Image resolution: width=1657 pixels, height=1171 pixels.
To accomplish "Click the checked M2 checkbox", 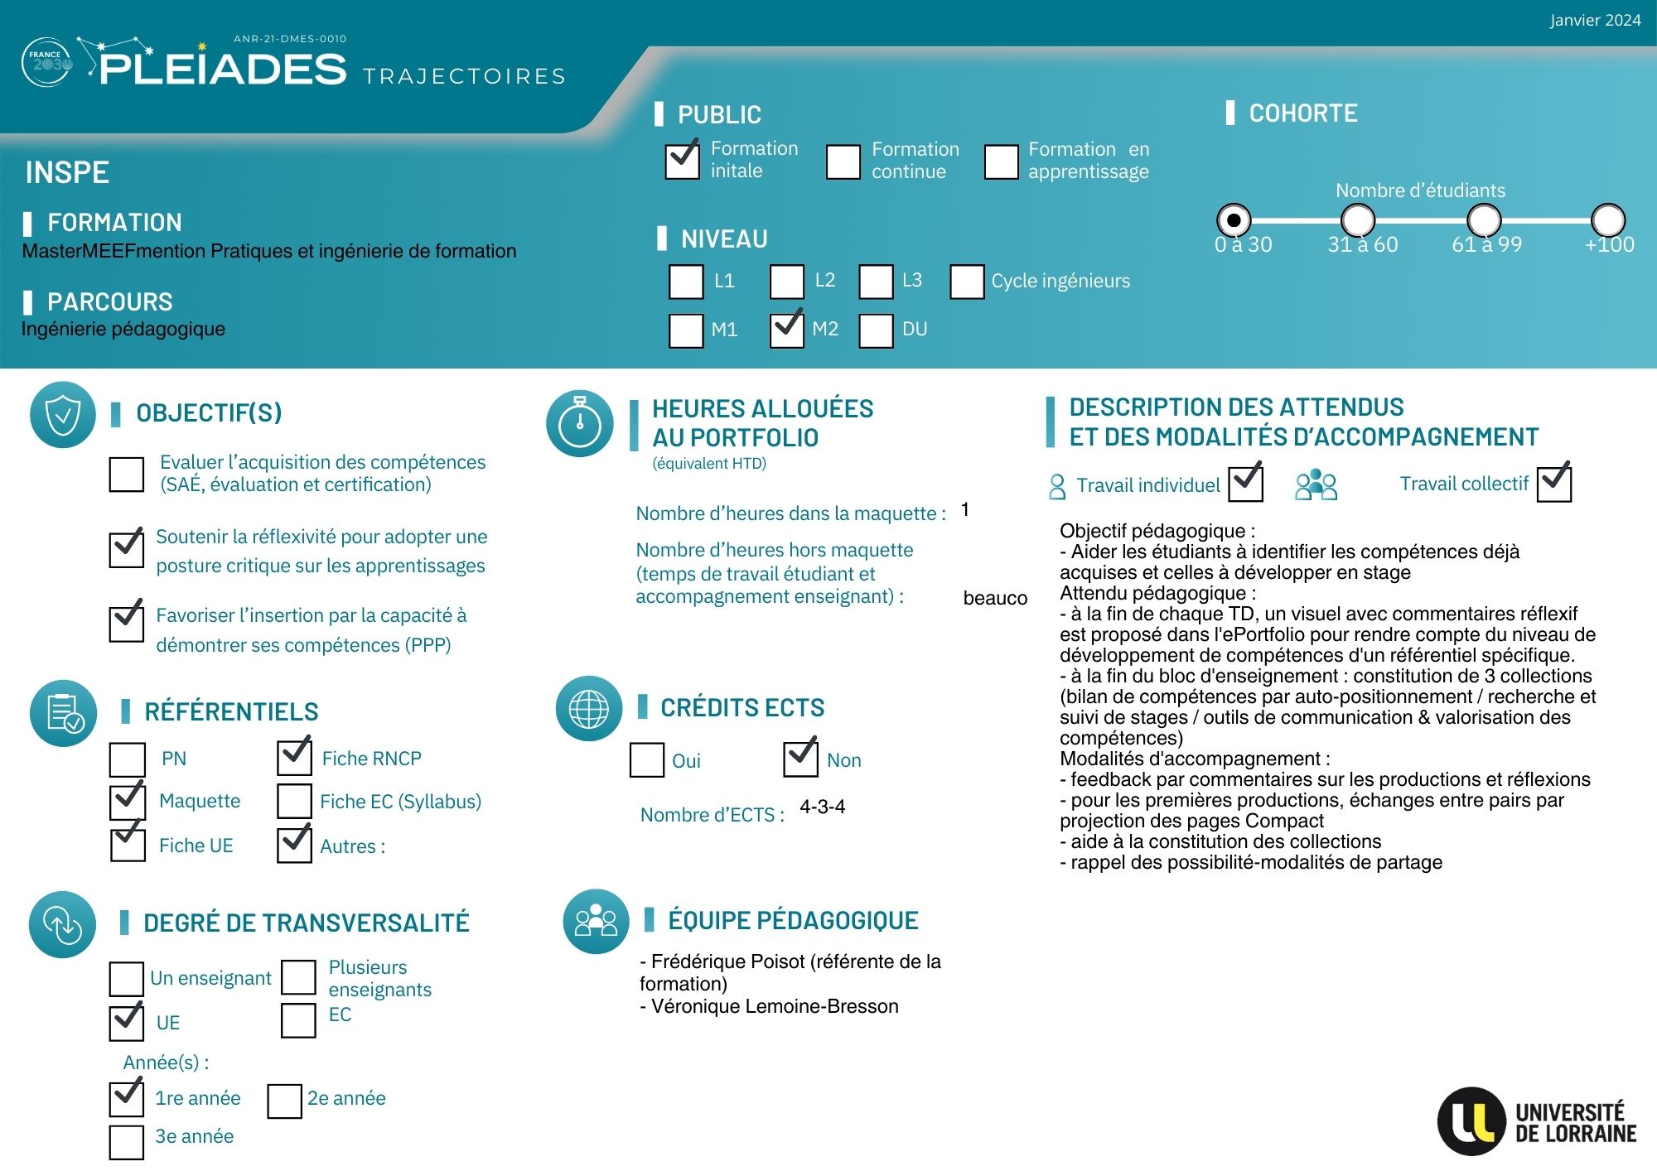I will [786, 330].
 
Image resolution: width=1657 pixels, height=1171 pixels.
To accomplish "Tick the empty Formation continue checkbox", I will [843, 161].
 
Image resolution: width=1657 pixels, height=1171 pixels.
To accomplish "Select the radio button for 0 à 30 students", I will [1234, 220].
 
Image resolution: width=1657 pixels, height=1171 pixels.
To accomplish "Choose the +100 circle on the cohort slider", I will [1607, 220].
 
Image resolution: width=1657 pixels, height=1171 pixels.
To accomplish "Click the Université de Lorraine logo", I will [1537, 1122].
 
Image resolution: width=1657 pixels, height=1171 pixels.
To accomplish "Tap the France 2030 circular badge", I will [46, 62].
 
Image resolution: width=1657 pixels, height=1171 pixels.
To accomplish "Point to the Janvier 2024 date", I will [1595, 21].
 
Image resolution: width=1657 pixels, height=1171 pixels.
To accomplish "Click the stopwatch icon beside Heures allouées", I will [580, 423].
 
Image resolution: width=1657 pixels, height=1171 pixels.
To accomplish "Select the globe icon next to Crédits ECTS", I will [589, 708].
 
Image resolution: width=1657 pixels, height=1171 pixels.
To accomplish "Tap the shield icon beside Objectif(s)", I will [63, 415].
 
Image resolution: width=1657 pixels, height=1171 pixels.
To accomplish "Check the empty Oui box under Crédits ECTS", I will [647, 760].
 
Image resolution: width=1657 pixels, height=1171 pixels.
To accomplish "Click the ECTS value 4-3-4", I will [822, 807].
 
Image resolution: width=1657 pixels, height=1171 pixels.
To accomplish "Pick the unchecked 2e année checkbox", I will [284, 1101].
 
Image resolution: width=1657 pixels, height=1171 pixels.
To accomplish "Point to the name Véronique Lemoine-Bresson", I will [774, 1006].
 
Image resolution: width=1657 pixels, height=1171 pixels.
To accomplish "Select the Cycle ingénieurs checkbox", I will [967, 282].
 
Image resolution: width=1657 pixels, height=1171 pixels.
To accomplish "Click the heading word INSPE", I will [67, 172].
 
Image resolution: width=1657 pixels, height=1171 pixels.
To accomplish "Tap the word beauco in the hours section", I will [994, 598].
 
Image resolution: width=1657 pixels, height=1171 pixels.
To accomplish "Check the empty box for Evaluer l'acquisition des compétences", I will [127, 475].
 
